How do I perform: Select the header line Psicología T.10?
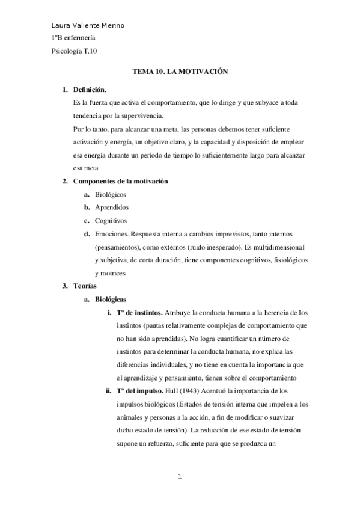click(75, 51)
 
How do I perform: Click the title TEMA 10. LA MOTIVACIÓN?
click(181, 71)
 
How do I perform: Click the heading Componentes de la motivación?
click(120, 181)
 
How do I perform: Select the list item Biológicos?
click(111, 194)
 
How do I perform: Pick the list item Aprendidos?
click(112, 207)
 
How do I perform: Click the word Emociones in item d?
click(112, 233)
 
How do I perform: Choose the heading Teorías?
click(84, 286)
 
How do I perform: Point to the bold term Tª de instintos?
click(139, 312)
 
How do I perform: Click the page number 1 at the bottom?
click(180, 478)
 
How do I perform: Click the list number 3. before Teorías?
click(66, 286)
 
